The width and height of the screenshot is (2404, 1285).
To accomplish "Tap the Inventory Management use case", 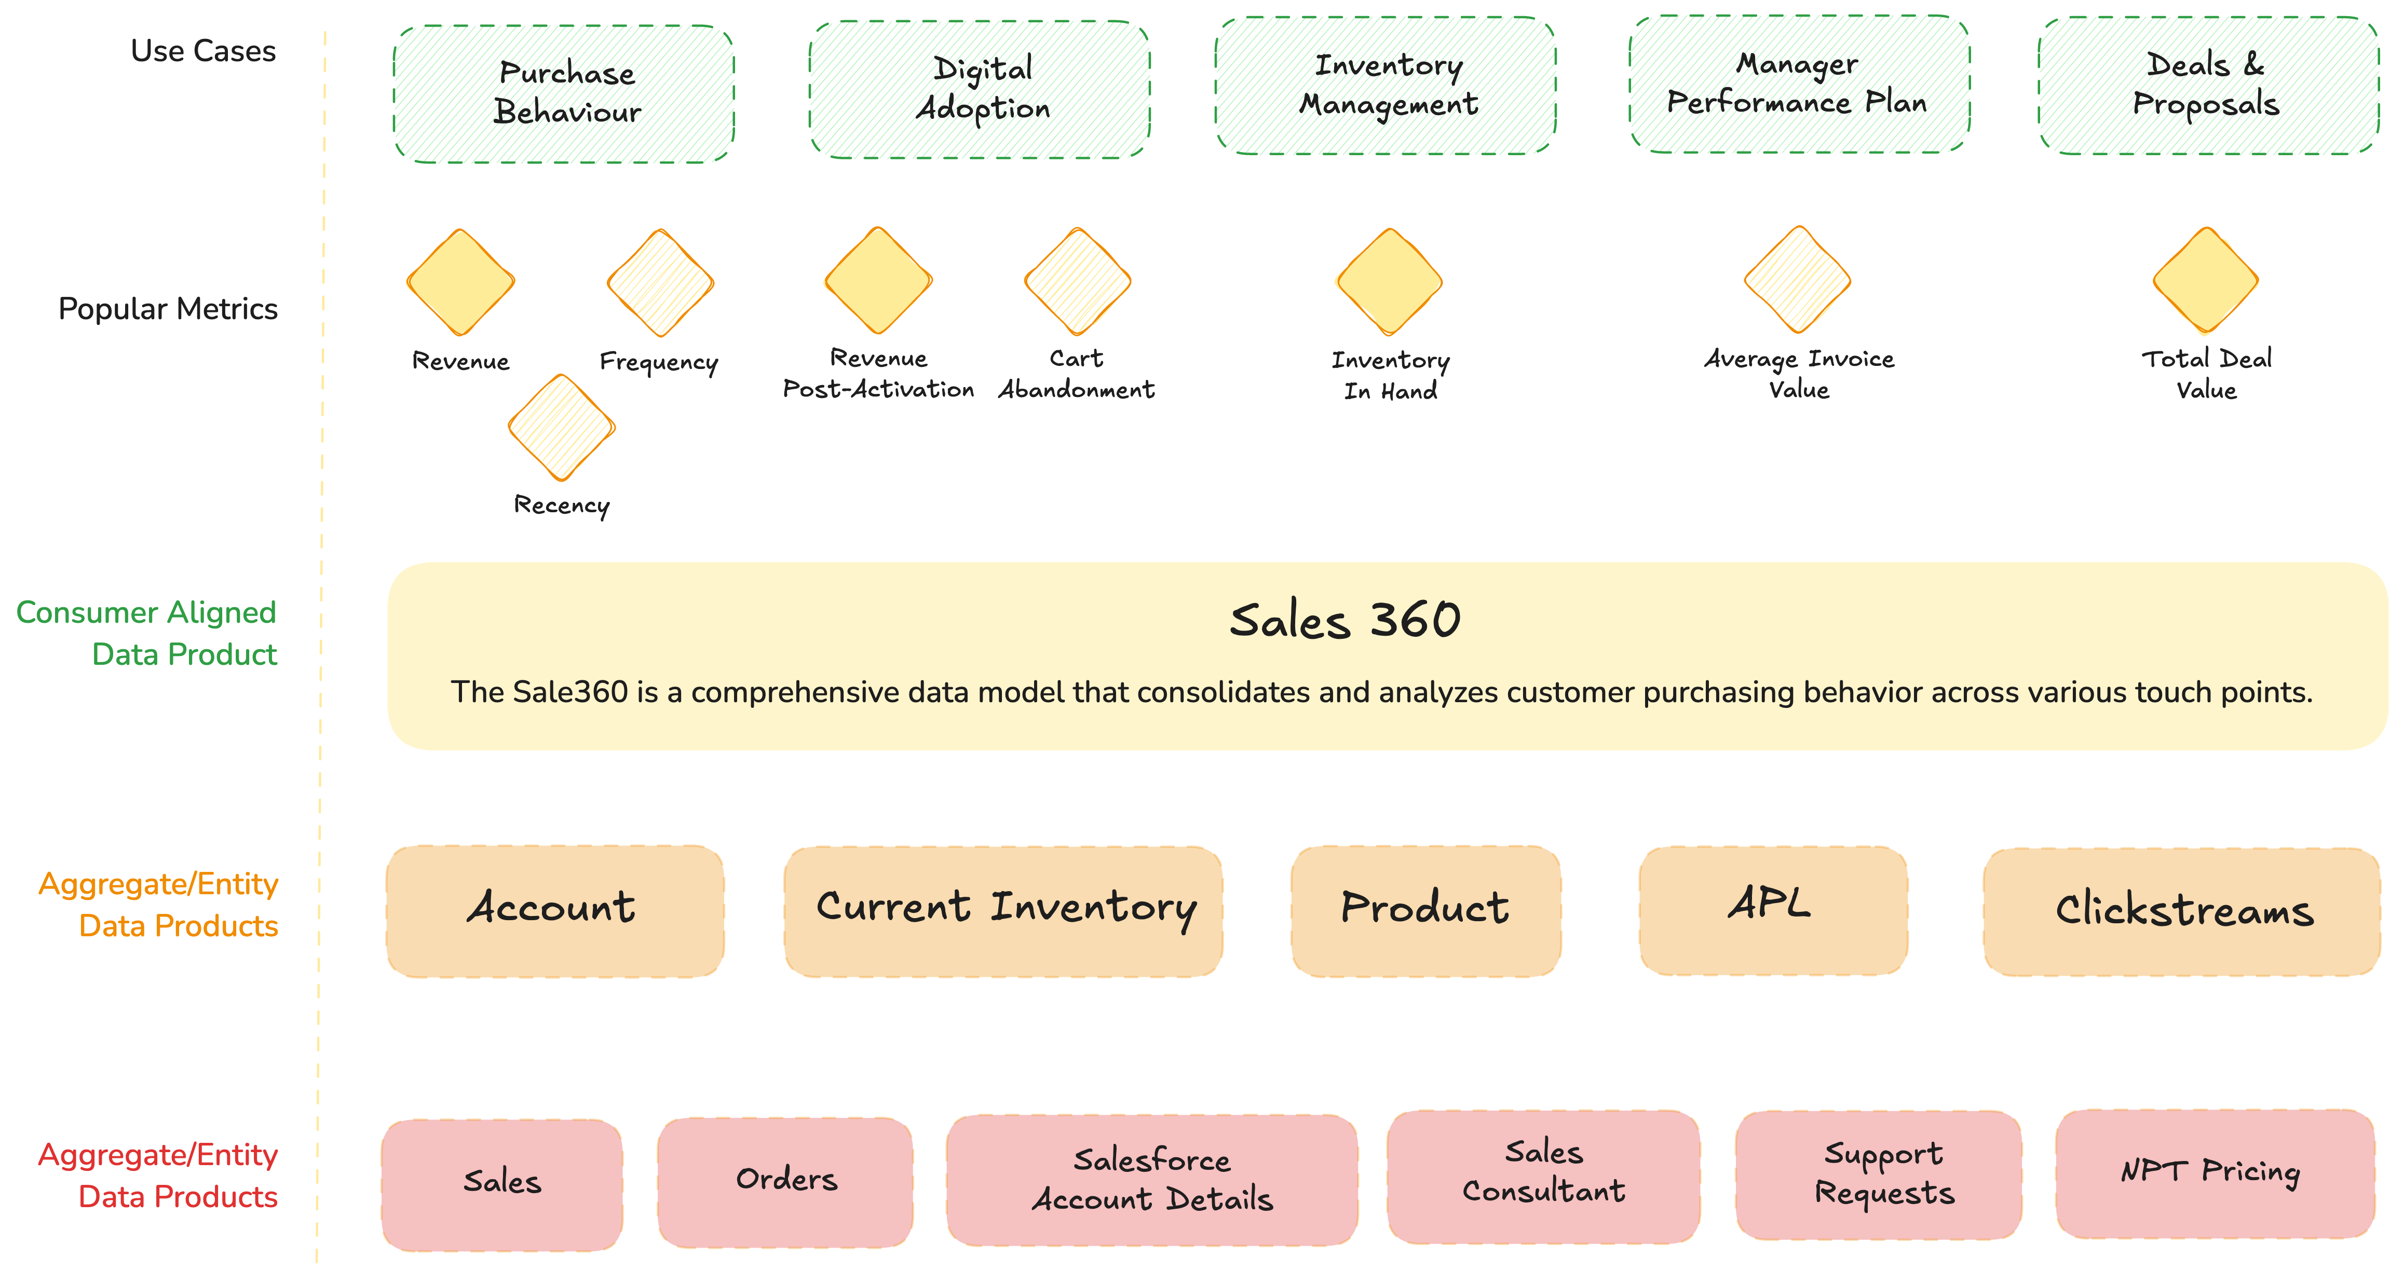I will pyautogui.click(x=1386, y=86).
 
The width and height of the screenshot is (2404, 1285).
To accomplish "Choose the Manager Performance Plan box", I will pyautogui.click(x=1798, y=84).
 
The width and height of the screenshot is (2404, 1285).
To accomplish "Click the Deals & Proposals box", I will pyautogui.click(x=2207, y=86).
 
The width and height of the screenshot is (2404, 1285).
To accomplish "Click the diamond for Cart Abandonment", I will pyautogui.click(x=1078, y=281).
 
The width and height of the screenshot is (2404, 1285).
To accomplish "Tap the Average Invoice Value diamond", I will pyautogui.click(x=1797, y=279).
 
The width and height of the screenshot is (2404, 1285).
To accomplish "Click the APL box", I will pyautogui.click(x=1772, y=910).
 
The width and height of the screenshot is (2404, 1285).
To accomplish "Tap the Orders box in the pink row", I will pyautogui.click(x=786, y=1181).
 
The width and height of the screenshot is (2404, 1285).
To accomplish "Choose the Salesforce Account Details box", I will pyautogui.click(x=1151, y=1181).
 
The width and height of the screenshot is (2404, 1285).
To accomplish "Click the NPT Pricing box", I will pyautogui.click(x=2213, y=1173).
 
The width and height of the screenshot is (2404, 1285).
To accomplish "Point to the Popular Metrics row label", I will pyautogui.click(x=168, y=309).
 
